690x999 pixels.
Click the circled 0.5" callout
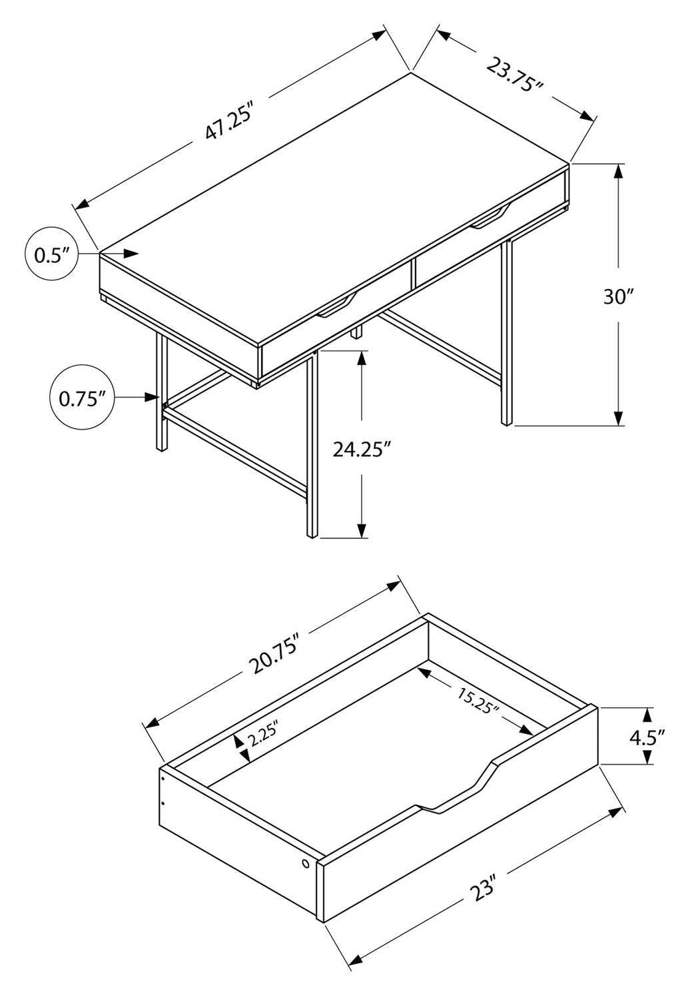[x=51, y=254]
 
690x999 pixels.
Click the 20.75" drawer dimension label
[x=273, y=654]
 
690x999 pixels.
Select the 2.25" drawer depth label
[x=261, y=738]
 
